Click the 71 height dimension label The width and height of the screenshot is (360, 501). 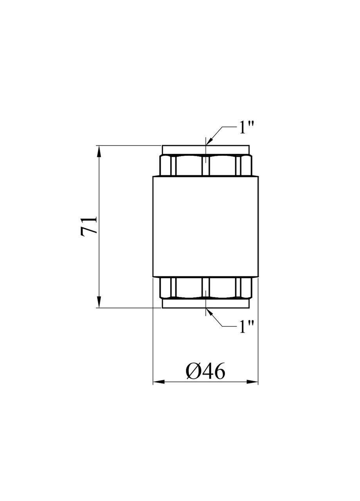pos(89,227)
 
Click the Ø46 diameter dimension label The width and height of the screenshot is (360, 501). pos(205,372)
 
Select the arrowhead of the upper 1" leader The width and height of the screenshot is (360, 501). pos(209,141)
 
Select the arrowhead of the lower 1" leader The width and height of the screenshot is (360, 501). pos(210,312)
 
